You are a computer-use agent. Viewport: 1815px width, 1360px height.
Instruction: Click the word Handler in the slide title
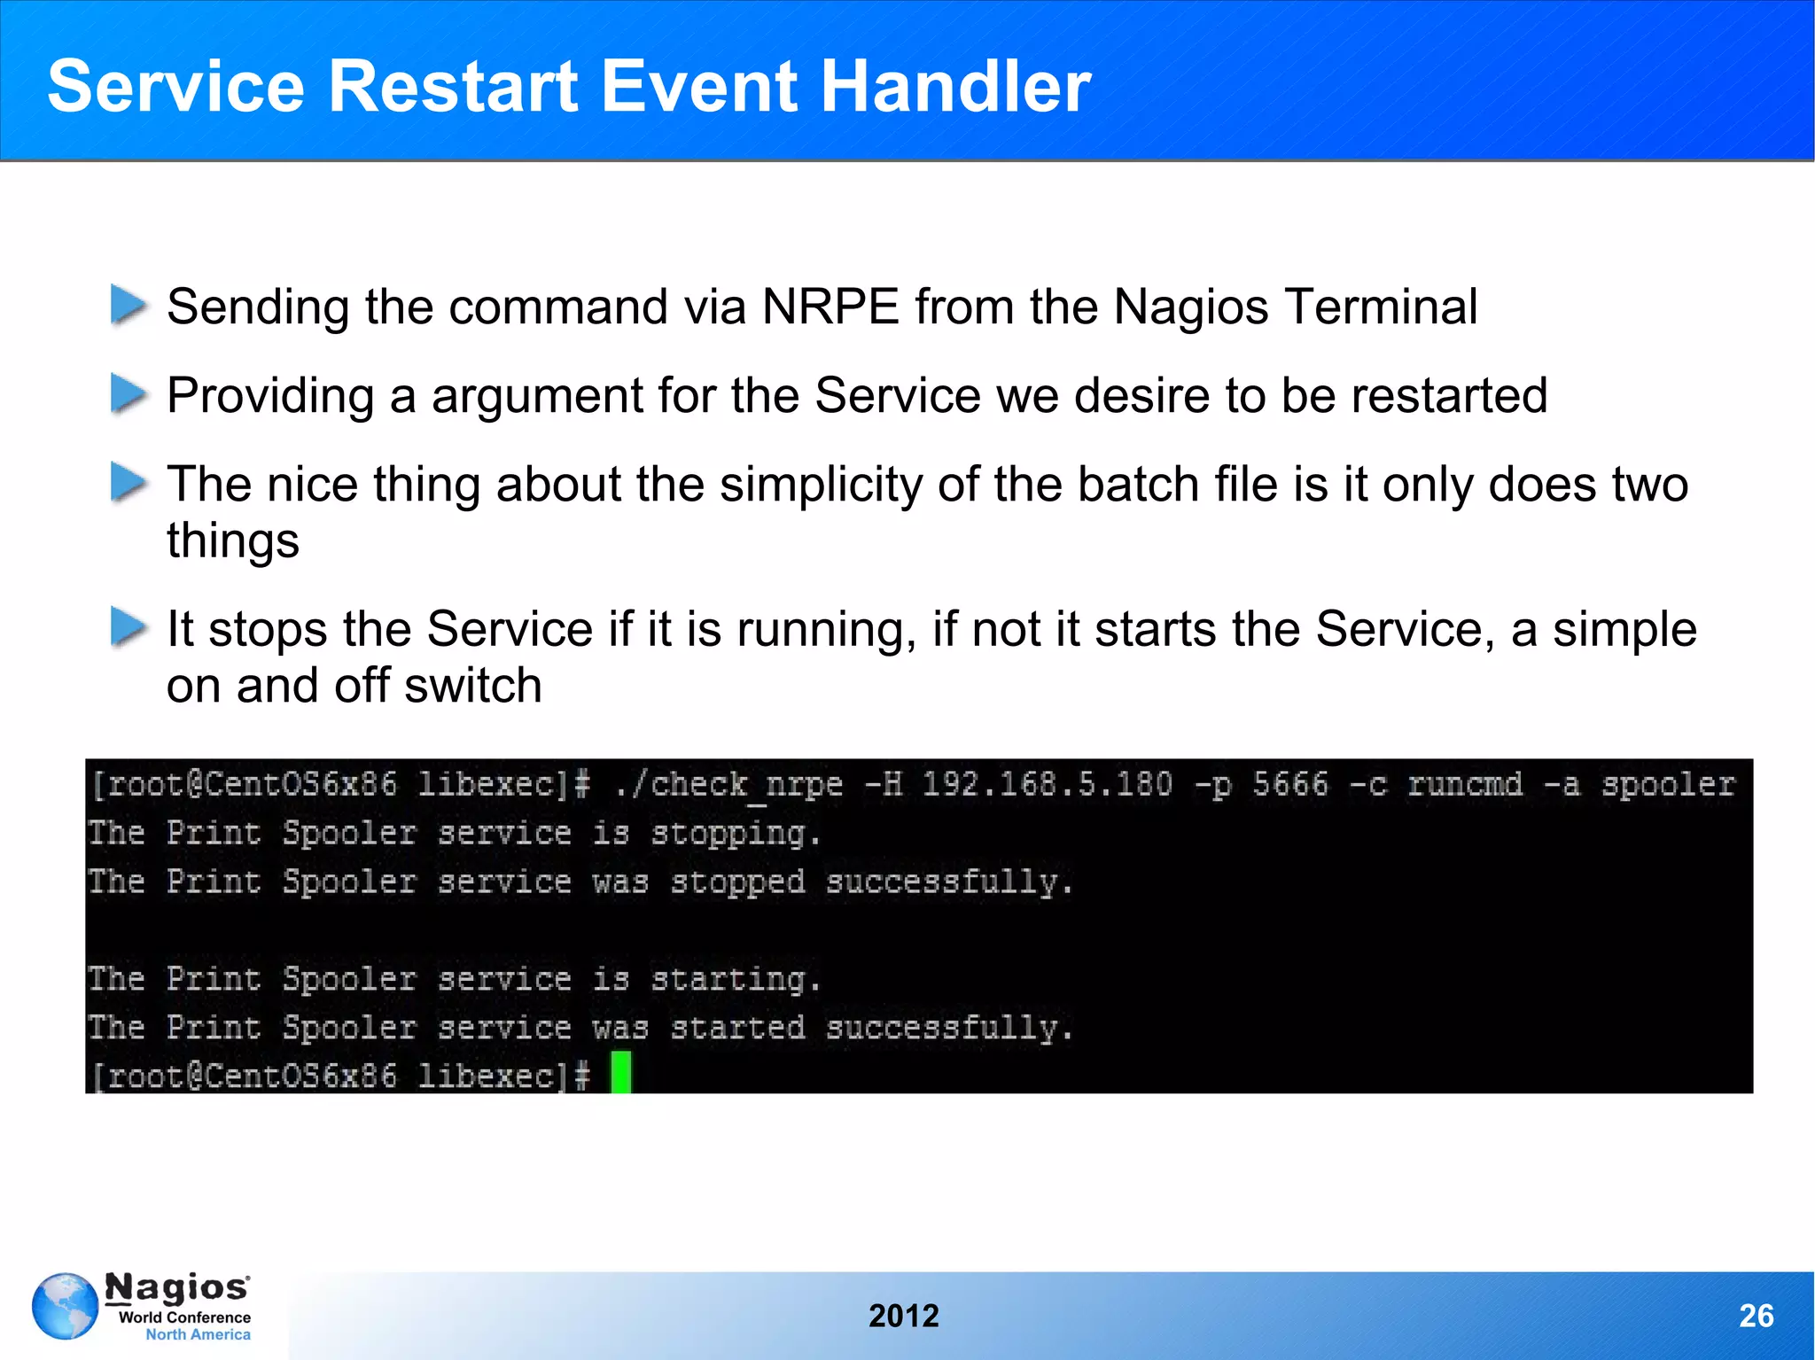coord(955,86)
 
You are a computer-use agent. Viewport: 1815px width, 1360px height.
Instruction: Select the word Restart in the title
coord(453,86)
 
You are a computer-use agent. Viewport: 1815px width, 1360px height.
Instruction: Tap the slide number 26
coord(1756,1316)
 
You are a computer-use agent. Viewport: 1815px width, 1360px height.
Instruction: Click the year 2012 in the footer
coord(903,1316)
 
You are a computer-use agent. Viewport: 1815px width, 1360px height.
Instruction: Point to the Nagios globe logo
coord(65,1306)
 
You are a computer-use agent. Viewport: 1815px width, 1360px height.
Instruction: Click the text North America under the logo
coord(198,1334)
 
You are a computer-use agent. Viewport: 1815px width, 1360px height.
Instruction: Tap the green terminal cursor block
coord(620,1072)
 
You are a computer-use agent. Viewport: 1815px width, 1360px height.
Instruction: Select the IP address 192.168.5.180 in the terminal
coord(1047,784)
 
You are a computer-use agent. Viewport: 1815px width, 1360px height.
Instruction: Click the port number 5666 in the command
coord(1290,784)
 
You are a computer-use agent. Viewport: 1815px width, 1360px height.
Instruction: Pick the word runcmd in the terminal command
coord(1465,784)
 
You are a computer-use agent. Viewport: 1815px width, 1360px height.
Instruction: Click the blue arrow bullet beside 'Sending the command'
coord(129,306)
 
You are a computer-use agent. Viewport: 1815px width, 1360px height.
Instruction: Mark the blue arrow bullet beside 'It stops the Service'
coord(129,628)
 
